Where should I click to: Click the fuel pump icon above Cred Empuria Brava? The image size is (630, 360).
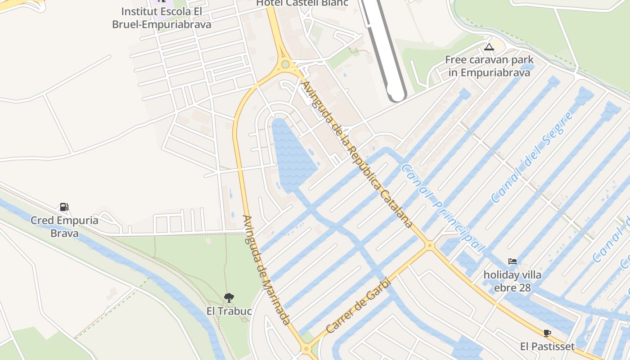[x=64, y=207]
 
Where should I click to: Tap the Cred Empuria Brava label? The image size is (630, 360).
[x=64, y=227]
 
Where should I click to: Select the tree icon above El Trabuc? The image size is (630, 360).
[x=229, y=297]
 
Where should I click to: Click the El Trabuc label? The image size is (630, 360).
[x=229, y=311]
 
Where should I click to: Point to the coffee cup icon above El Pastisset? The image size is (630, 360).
[x=547, y=333]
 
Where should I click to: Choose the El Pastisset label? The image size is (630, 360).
[x=547, y=346]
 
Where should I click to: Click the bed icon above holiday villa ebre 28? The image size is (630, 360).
[x=512, y=261]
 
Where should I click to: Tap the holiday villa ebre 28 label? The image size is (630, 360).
[x=512, y=281]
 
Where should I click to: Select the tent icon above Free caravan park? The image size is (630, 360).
[x=489, y=47]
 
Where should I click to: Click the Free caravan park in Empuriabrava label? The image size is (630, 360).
[x=489, y=66]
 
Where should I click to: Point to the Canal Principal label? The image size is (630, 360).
[x=443, y=207]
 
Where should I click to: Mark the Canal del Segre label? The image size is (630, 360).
[x=532, y=157]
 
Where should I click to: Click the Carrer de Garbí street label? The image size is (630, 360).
[x=358, y=306]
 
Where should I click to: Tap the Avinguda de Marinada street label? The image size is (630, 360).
[x=266, y=270]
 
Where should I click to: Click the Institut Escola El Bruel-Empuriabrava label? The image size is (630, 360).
[x=162, y=18]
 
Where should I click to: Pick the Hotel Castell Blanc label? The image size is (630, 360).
[x=302, y=3]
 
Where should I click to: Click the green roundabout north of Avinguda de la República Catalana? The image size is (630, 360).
[x=285, y=64]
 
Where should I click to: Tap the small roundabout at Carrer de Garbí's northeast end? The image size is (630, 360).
[x=430, y=245]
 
